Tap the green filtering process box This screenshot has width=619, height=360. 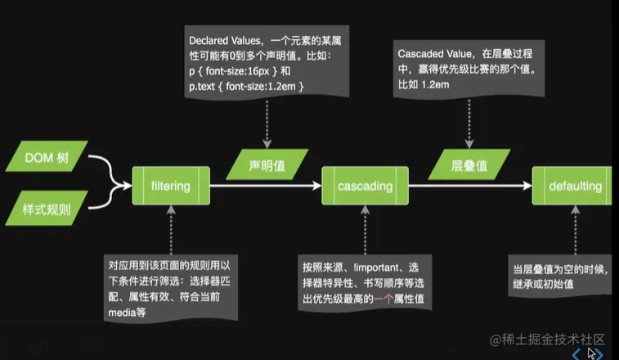(x=170, y=187)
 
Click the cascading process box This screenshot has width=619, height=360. (x=365, y=187)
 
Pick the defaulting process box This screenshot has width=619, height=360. (x=575, y=187)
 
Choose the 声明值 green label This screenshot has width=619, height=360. (x=267, y=165)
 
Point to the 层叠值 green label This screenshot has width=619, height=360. (x=469, y=165)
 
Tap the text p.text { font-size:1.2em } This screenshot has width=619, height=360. (x=247, y=86)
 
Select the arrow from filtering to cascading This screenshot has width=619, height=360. (x=262, y=187)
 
